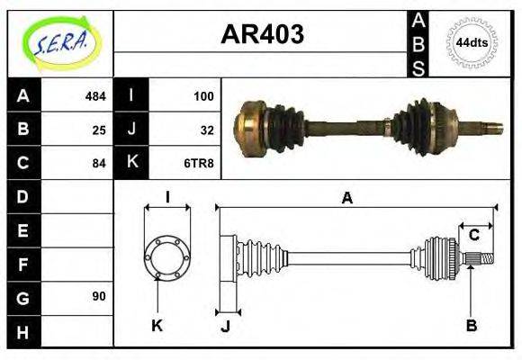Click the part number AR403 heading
coord(262,34)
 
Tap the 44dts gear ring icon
coord(472,41)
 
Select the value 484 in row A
coord(95,95)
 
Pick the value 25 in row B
coord(100,129)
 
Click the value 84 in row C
coord(100,163)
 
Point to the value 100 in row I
coord(203,95)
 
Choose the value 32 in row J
coord(207,129)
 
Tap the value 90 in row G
coord(100,296)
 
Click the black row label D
coord(23,196)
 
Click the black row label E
coord(23,229)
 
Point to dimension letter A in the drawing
coord(346,198)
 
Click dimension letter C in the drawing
coord(473,236)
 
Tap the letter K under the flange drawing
coord(157,326)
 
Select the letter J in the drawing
coord(226,326)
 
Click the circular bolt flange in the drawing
coord(167,256)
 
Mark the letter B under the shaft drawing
coord(471,326)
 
